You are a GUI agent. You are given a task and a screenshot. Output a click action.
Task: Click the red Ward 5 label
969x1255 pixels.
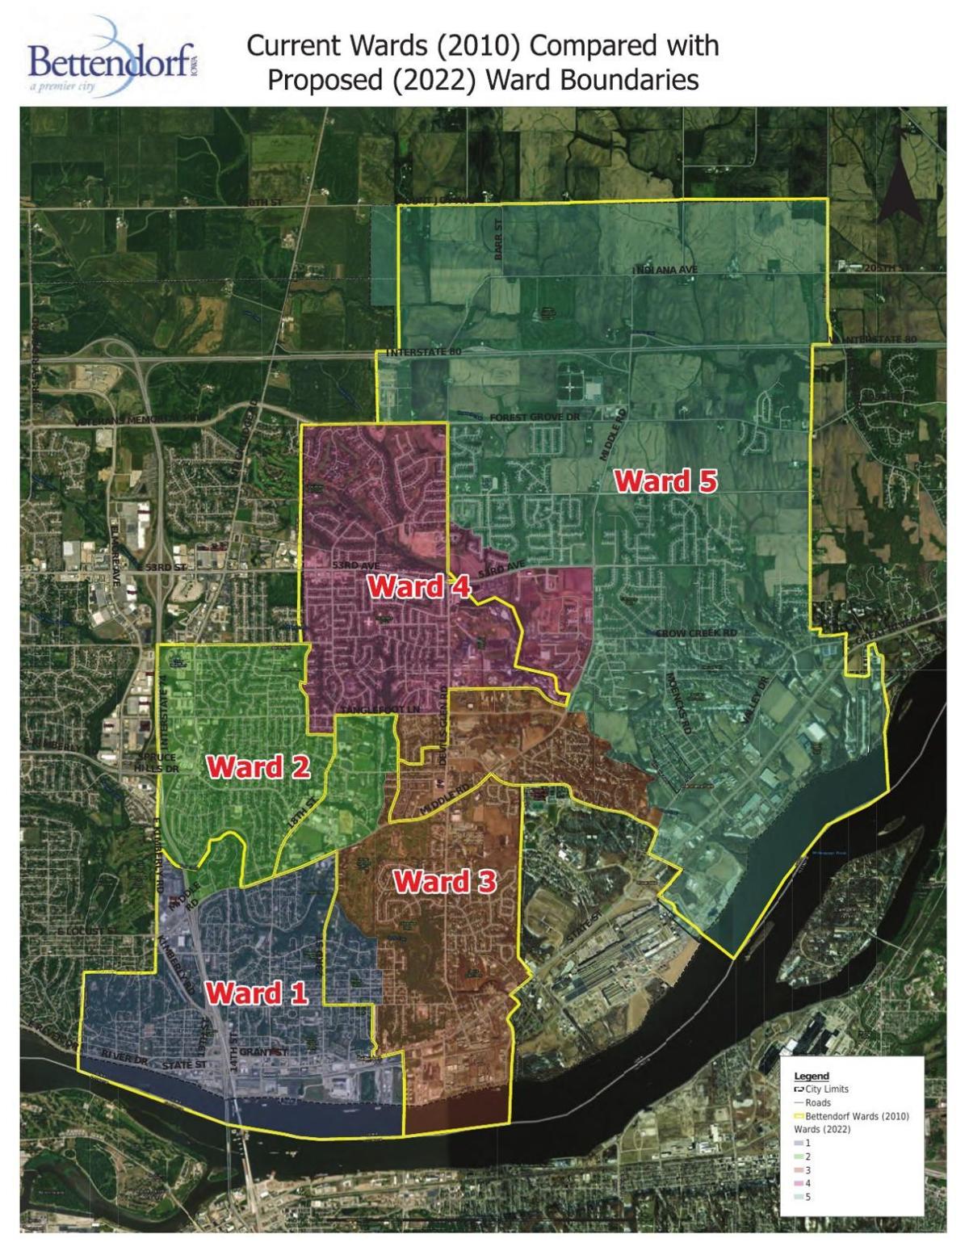(665, 481)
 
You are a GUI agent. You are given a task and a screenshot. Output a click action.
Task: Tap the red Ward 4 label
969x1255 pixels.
(418, 587)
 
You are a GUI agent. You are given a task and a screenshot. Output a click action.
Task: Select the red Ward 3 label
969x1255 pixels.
(444, 881)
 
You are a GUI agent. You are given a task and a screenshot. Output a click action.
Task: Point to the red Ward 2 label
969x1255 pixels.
(258, 766)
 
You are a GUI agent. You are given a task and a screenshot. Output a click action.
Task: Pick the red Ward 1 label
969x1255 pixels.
(256, 993)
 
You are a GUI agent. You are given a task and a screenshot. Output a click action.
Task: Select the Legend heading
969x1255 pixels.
(812, 1077)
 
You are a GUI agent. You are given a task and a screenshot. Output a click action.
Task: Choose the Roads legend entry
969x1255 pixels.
(817, 1102)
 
